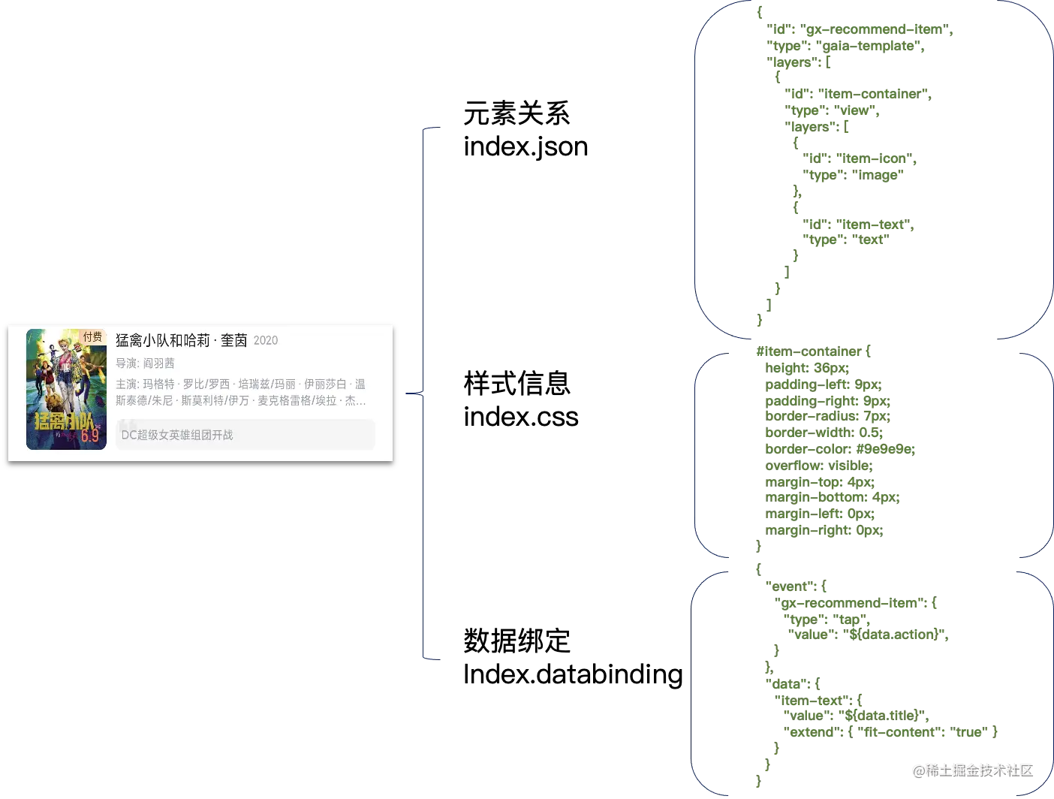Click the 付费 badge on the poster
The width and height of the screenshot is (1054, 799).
coord(92,337)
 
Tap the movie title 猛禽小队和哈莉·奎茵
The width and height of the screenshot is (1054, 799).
coord(181,340)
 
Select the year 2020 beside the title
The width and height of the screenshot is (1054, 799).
coord(266,340)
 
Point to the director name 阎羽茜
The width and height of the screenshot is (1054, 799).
coord(159,363)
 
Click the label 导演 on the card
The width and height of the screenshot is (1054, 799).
coord(126,363)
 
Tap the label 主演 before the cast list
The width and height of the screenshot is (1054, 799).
coord(126,384)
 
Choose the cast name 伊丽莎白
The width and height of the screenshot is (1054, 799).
coord(325,384)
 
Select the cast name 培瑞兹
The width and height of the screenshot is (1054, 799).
coord(259,384)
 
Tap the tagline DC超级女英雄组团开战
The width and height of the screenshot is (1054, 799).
coord(177,435)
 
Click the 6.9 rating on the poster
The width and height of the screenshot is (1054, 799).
coord(90,436)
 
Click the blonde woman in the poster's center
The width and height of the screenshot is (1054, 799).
coord(72,368)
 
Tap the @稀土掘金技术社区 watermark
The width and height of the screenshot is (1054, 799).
coord(972,769)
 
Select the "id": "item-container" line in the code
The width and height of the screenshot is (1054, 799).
coord(858,95)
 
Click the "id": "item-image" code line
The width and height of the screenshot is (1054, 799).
coord(858,159)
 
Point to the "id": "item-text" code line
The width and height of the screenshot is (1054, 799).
coord(858,224)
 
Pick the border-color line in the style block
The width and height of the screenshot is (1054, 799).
coord(840,449)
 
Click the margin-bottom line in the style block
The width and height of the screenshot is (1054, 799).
coord(830,498)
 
